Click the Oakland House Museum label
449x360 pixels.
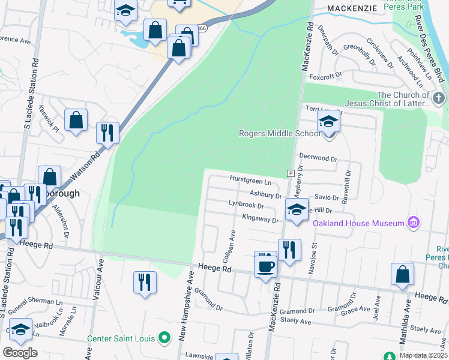coord(358,223)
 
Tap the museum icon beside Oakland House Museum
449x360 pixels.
coord(412,223)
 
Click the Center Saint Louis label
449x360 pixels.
coord(122,338)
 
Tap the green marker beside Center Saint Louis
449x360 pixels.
coord(163,338)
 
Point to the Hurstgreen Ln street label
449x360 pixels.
coord(251,179)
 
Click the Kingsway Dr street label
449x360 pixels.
coord(260,219)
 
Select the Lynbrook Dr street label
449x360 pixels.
coord(246,204)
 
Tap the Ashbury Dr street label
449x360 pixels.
coord(266,195)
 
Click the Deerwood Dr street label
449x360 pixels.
coord(319,159)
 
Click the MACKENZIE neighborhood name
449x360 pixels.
coord(352,8)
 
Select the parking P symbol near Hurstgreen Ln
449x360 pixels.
coord(291,173)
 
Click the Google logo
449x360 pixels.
coord(20,353)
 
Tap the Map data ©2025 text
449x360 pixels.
coord(423,355)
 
